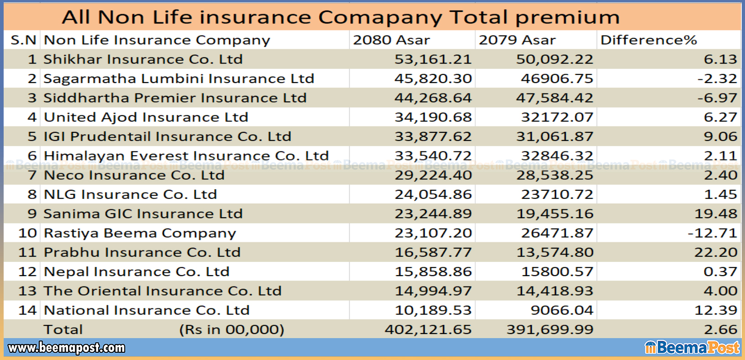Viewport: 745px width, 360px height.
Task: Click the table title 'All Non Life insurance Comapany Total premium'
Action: pos(341,17)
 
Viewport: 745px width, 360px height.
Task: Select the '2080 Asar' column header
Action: pos(391,40)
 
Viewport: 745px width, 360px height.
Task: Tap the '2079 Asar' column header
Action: pos(517,40)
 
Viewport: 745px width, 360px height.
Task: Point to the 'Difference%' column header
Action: pos(648,40)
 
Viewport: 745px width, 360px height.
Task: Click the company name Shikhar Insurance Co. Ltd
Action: pos(143,59)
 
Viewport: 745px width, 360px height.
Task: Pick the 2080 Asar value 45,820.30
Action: pos(433,78)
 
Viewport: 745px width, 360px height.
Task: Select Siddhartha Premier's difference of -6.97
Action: pos(717,98)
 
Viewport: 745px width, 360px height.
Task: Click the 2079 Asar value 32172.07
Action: pos(557,117)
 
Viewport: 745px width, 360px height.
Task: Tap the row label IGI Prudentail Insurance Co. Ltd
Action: pos(167,136)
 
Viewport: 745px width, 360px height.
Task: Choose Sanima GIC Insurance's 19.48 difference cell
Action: pos(715,214)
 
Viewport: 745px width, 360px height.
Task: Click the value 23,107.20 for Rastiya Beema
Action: pos(433,233)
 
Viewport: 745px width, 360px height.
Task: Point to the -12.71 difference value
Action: pos(712,233)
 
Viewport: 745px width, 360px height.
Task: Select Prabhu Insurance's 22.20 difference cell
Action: pos(715,252)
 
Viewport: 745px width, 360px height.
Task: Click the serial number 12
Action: pos(27,272)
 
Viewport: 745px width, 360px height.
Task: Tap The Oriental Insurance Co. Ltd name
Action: pos(162,291)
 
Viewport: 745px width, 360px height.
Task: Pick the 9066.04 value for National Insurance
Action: pos(561,310)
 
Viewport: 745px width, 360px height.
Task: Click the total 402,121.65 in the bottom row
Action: pos(428,329)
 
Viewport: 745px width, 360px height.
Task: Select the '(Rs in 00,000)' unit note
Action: pos(231,329)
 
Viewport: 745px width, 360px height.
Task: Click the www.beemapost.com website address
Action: pos(67,348)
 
